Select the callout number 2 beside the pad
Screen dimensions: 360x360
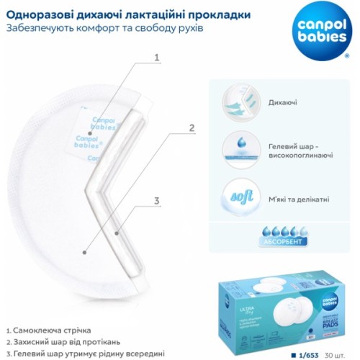click(x=192, y=129)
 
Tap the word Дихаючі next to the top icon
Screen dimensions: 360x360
click(x=282, y=104)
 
